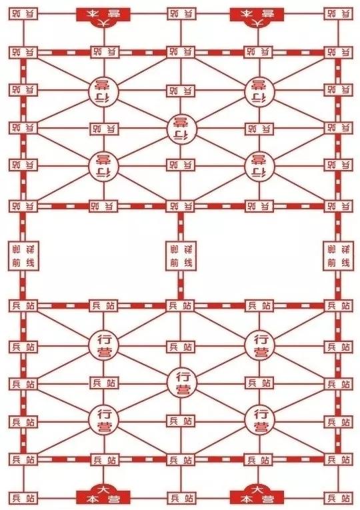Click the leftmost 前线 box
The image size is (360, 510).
(23, 256)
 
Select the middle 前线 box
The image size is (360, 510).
(181, 256)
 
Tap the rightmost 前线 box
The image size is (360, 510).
(338, 256)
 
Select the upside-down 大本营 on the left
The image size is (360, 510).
(103, 17)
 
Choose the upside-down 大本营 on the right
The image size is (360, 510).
(257, 17)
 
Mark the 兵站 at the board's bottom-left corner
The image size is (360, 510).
(23, 498)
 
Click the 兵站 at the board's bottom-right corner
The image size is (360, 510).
(338, 498)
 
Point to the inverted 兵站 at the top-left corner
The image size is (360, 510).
(23, 13)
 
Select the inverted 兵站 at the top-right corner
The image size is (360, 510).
(338, 13)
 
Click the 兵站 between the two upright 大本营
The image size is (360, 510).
(181, 498)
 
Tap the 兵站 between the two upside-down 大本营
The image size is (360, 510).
(181, 13)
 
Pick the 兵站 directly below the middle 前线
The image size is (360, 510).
(181, 306)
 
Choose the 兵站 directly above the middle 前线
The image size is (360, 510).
(181, 206)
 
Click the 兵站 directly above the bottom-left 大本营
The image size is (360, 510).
(104, 460)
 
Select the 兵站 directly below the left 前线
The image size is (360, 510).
(23, 306)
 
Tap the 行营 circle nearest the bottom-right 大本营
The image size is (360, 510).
(259, 419)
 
